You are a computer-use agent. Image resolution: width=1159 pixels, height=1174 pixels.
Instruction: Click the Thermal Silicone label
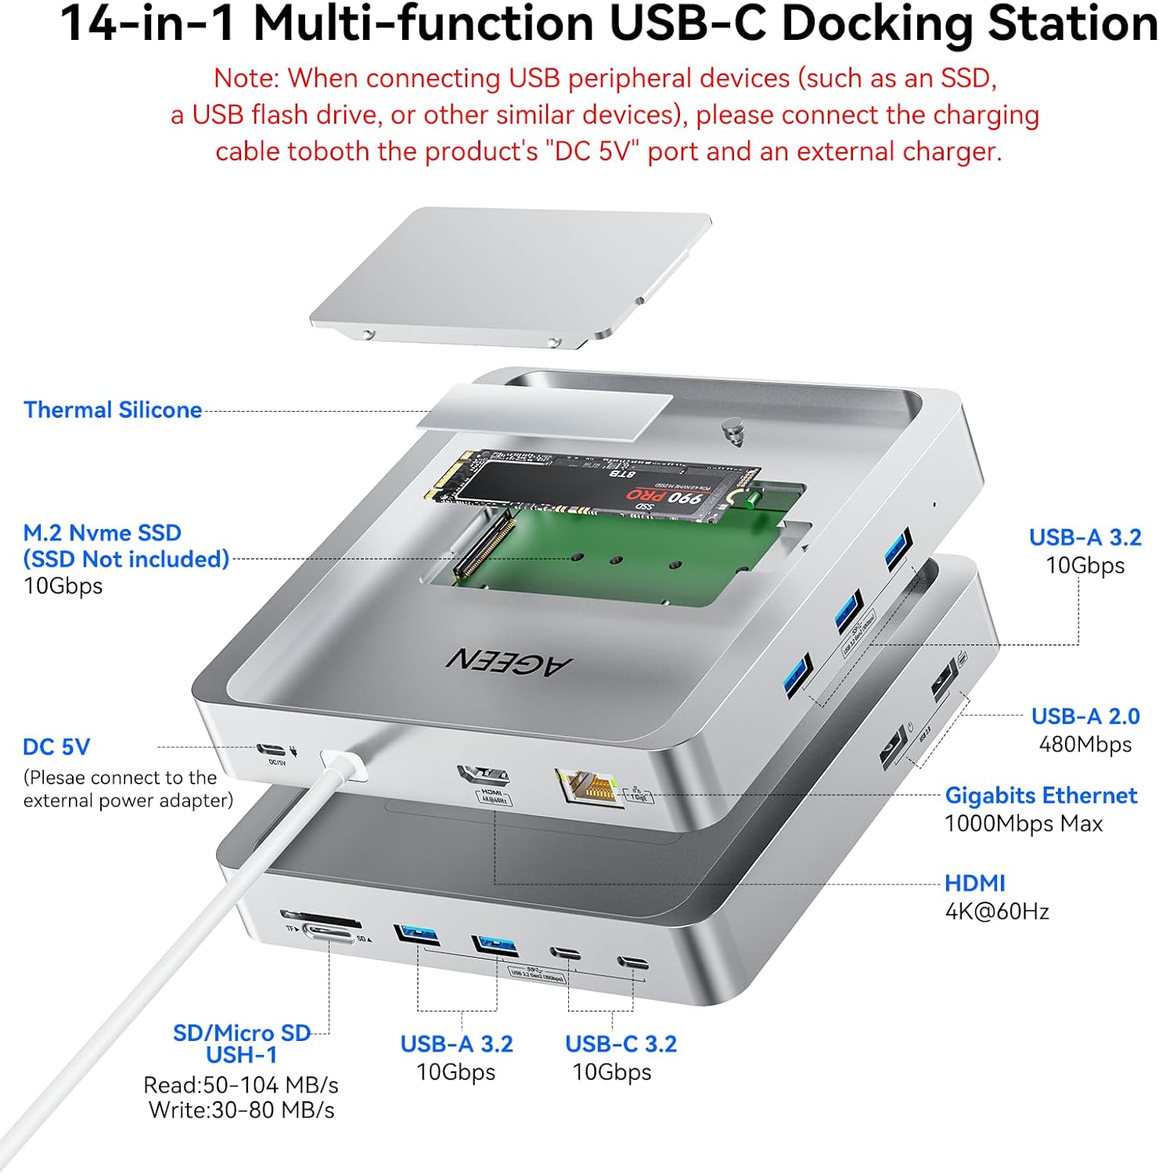pos(113,409)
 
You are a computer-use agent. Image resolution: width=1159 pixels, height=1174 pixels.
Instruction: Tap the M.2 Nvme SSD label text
pos(102,533)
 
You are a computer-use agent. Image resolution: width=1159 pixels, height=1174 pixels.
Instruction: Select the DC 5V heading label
pos(56,747)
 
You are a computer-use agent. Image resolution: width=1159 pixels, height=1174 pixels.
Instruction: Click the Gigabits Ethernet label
pos(1041,795)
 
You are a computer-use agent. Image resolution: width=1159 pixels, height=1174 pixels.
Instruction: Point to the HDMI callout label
pos(974,883)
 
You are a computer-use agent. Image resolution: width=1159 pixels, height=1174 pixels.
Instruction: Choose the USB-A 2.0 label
pos(1085,716)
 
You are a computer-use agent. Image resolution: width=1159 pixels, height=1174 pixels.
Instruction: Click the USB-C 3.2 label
pos(621,1043)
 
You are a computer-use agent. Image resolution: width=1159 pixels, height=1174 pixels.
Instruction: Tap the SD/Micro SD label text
pos(242,1033)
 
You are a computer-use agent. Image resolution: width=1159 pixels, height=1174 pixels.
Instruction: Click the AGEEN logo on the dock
pos(509,661)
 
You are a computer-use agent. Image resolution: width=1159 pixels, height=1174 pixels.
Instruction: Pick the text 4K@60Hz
pos(997,911)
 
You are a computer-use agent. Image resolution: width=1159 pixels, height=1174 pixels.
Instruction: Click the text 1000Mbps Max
pos(1024,823)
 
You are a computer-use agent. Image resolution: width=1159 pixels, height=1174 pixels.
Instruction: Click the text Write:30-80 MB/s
pos(242,1110)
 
